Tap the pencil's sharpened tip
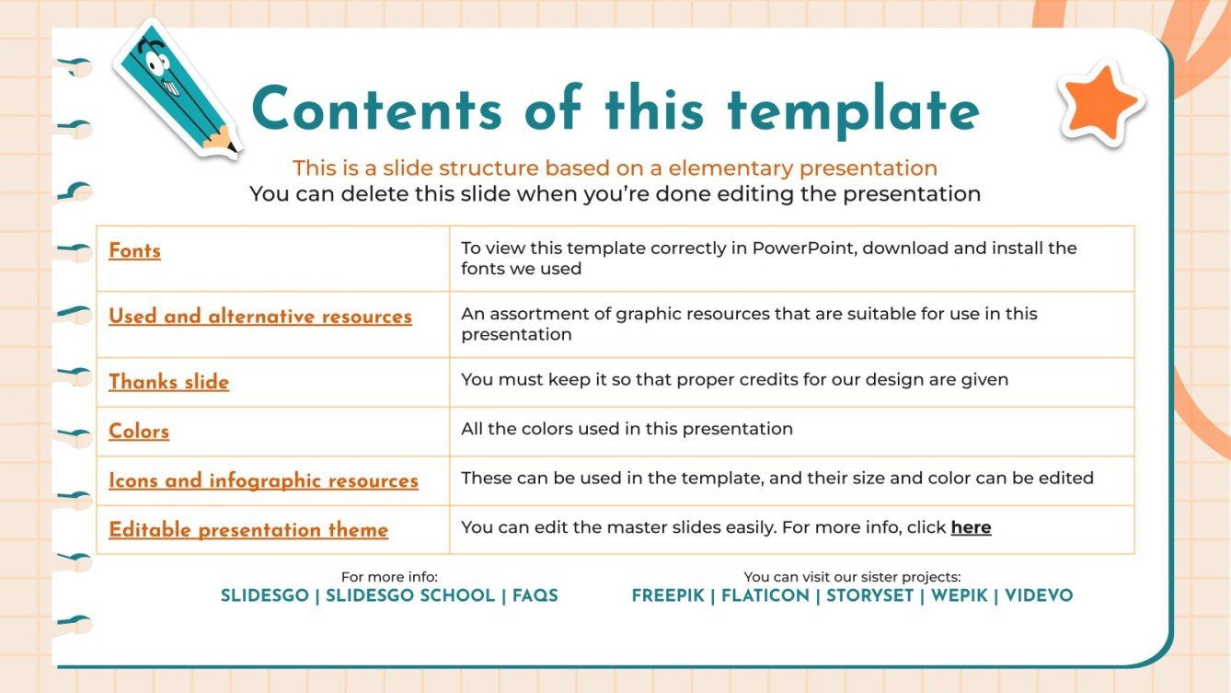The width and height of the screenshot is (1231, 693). click(231, 148)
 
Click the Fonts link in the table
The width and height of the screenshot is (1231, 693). click(134, 250)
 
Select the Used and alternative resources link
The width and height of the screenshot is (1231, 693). click(259, 317)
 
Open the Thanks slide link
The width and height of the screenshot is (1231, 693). click(168, 382)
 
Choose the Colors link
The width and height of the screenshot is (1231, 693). click(139, 432)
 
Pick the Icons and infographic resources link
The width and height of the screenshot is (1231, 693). click(263, 480)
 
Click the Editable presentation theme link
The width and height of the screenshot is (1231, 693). click(248, 530)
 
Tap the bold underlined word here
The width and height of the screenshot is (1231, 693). click(971, 527)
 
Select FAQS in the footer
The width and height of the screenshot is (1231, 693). click(535, 595)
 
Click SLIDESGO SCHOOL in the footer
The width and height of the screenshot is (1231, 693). click(410, 595)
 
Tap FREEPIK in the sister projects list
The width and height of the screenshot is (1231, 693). click(667, 595)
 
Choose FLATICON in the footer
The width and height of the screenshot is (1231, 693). click(765, 595)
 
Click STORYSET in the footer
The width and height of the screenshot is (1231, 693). click(869, 595)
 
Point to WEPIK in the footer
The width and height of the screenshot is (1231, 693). click(959, 595)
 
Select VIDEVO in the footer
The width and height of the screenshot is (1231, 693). click(1039, 595)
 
